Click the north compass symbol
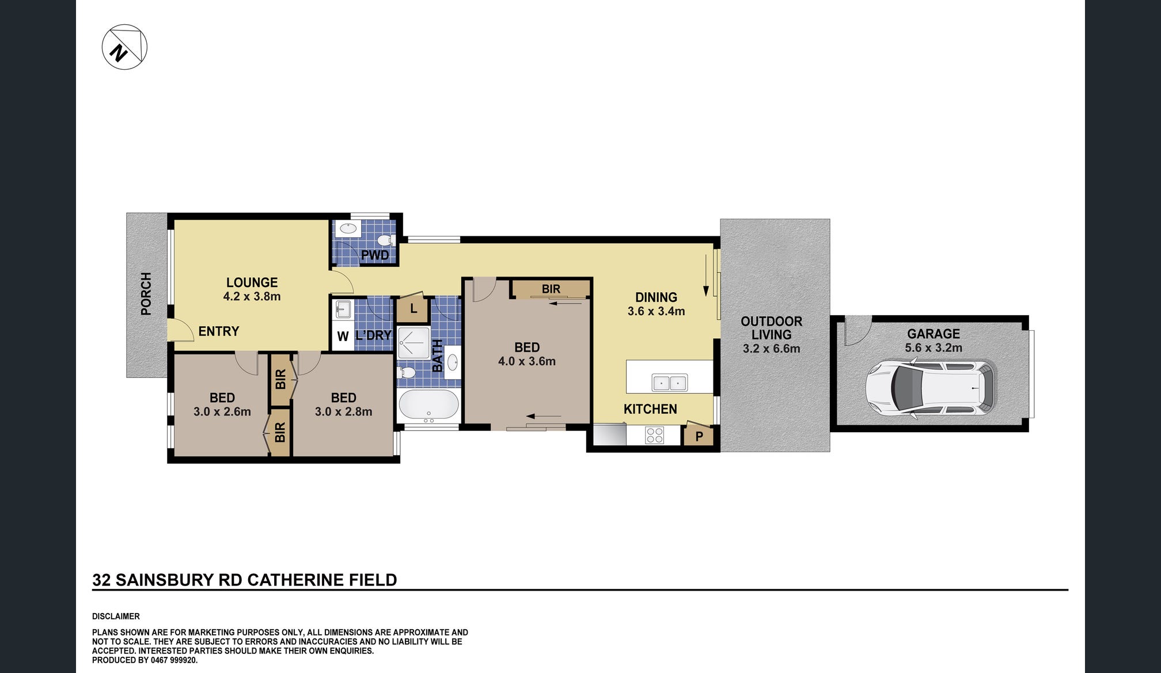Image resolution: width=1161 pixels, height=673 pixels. [x=124, y=47]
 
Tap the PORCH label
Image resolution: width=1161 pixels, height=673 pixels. [x=146, y=294]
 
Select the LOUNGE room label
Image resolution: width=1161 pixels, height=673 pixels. [x=252, y=282]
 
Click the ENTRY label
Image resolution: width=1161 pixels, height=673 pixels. [x=219, y=331]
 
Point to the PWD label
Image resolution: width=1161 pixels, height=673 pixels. [x=375, y=255]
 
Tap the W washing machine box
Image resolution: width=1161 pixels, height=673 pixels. [x=343, y=337]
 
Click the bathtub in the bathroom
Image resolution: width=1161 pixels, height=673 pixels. [x=428, y=405]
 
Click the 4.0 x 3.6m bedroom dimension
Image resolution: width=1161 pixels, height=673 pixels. [x=527, y=361]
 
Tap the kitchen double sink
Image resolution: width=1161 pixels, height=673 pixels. [x=669, y=382]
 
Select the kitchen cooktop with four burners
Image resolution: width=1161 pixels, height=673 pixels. [x=654, y=435]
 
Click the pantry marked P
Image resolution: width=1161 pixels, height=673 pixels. [x=699, y=436]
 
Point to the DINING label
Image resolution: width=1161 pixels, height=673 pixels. [x=656, y=297]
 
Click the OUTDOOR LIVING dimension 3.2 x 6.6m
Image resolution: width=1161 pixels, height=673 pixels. [x=771, y=349]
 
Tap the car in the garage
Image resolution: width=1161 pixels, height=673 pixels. [x=931, y=387]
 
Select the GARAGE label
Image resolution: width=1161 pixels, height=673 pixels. [x=934, y=334]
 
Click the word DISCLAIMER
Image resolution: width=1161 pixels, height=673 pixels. [x=116, y=617]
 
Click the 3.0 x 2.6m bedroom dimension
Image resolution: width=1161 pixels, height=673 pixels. [x=222, y=412]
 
